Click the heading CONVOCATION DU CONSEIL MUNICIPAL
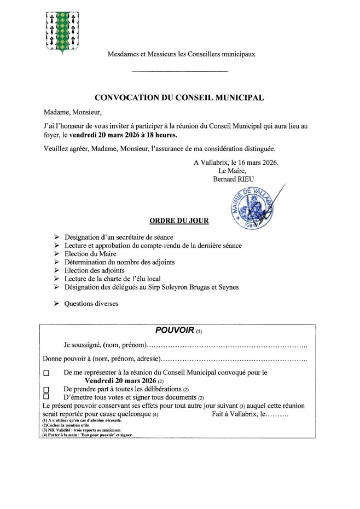click(179, 98)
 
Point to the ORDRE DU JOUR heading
click(178, 221)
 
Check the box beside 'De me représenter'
click(46, 373)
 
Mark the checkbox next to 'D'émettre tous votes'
click(46, 396)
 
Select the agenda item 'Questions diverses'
click(91, 303)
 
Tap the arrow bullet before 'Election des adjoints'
click(57, 270)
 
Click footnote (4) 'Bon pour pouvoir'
click(88, 435)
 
